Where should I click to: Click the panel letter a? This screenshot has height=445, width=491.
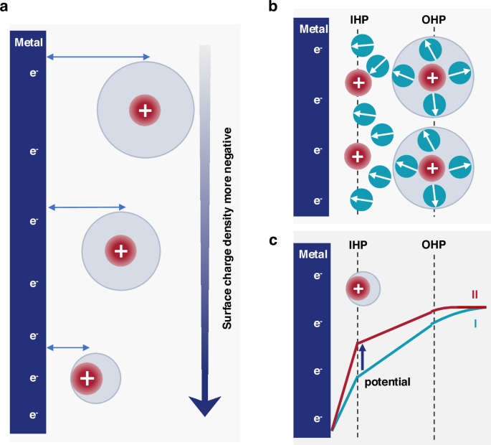(x=6, y=8)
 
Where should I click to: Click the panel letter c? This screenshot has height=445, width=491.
(x=272, y=239)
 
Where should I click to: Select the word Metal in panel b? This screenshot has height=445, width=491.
(x=313, y=29)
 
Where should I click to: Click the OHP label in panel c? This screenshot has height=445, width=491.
(x=434, y=243)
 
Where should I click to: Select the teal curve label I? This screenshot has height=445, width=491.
(x=474, y=324)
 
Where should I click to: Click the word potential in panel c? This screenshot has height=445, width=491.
(x=387, y=382)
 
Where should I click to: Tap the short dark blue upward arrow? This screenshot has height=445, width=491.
(x=363, y=357)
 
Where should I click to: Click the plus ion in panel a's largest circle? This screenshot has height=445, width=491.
(x=145, y=111)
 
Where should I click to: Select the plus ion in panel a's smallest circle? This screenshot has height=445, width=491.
(x=87, y=378)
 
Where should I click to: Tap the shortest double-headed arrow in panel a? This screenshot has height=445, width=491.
(x=68, y=348)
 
